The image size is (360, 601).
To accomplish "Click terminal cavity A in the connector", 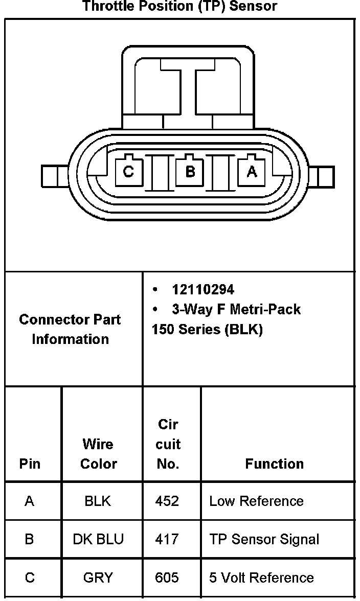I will click(x=252, y=172).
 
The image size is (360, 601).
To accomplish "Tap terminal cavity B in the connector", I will click(x=190, y=172).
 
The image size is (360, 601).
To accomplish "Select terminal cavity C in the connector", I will click(x=128, y=172).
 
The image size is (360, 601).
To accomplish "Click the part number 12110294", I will click(x=203, y=290).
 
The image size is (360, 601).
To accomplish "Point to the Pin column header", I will click(x=30, y=464).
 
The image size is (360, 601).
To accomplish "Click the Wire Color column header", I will click(x=99, y=454).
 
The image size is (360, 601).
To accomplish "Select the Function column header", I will click(x=275, y=464).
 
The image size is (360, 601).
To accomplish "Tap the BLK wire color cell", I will click(x=98, y=501).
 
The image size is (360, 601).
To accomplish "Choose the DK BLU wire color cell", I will click(x=98, y=539).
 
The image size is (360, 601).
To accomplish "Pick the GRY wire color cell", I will click(x=98, y=577).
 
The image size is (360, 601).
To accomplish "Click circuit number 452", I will click(x=167, y=501).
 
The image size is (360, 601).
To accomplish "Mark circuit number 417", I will click(x=167, y=539).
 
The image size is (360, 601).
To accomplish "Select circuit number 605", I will click(x=167, y=577).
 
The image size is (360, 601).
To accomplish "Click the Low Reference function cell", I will click(x=256, y=501).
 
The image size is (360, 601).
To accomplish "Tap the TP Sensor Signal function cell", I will click(x=264, y=539).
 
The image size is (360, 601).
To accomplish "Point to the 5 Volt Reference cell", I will click(x=261, y=577).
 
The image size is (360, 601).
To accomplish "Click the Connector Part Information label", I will click(x=70, y=329).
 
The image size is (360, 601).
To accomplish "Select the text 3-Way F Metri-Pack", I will click(x=236, y=309).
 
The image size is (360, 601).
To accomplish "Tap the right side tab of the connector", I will click(x=322, y=177).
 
